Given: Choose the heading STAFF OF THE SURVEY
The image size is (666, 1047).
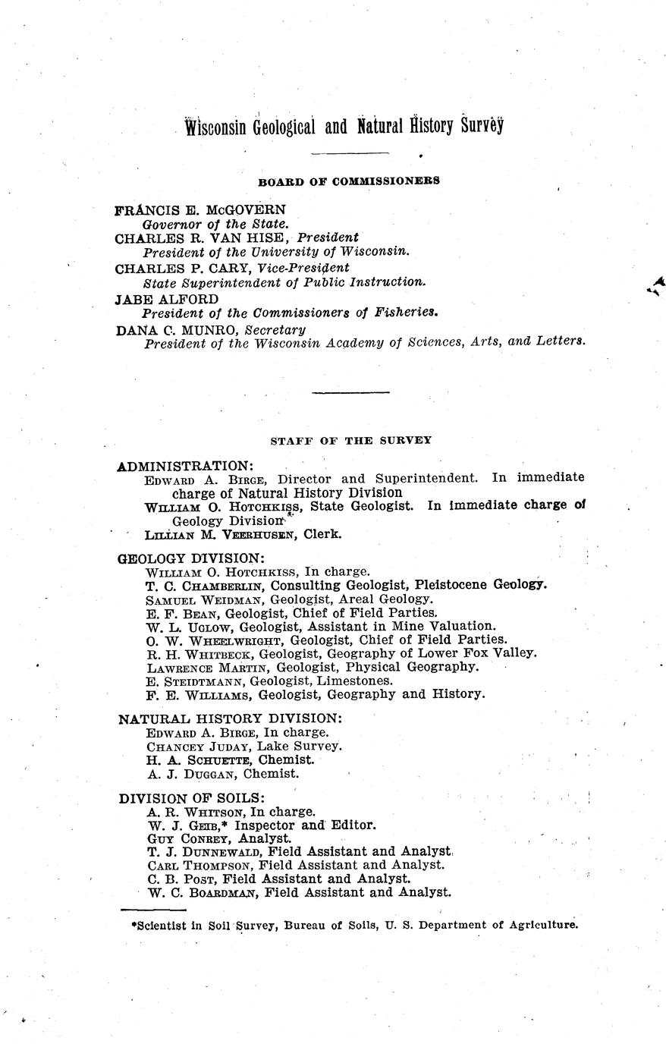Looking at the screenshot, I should pos(350,440).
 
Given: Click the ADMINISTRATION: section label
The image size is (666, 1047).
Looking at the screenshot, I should pos(185,465).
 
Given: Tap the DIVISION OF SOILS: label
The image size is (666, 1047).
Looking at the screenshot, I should pos(191,797).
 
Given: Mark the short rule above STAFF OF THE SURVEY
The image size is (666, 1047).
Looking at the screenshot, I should pos(350,392).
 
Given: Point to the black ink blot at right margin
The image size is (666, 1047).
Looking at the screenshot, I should pos(655,285).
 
